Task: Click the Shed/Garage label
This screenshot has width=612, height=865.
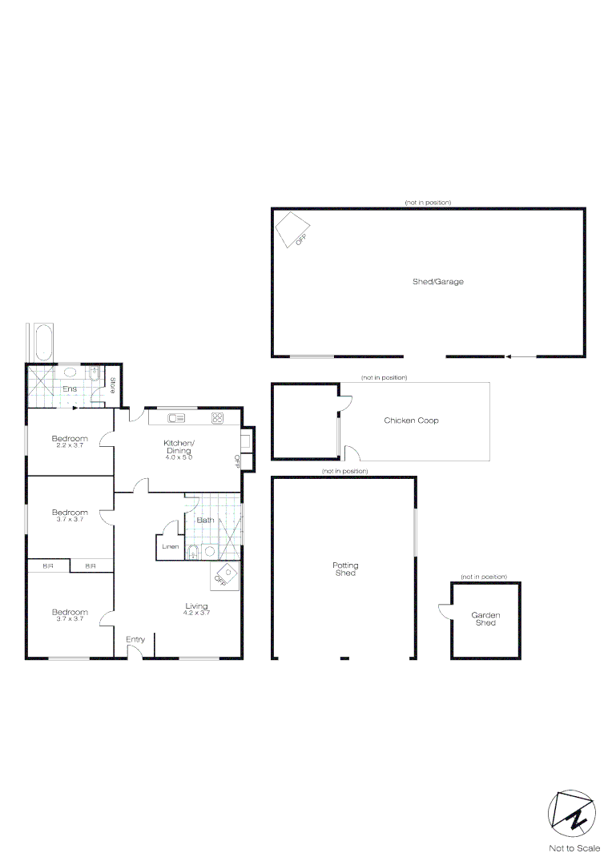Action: pos(437,282)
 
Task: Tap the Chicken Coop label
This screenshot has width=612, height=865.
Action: pos(411,420)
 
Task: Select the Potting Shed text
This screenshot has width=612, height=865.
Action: pos(344,569)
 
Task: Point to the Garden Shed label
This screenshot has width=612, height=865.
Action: pos(485,619)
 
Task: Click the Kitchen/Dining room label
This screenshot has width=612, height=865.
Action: pos(179,447)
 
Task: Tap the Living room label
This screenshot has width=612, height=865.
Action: pos(196,606)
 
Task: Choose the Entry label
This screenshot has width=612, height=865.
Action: pos(135,639)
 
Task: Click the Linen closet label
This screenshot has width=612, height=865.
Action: pos(170,547)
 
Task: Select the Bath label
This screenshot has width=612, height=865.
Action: pos(205,521)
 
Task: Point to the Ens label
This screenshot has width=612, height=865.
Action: pos(70,389)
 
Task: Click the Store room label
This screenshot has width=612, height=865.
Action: pos(113,386)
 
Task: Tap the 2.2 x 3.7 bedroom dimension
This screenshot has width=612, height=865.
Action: pos(70,445)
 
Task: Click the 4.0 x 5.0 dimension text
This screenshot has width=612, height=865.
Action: pos(179,457)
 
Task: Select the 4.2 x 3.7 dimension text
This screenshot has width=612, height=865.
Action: pos(196,614)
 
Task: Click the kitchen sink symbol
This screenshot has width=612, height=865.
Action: pos(177,418)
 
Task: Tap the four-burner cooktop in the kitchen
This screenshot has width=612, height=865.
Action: pos(217,418)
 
